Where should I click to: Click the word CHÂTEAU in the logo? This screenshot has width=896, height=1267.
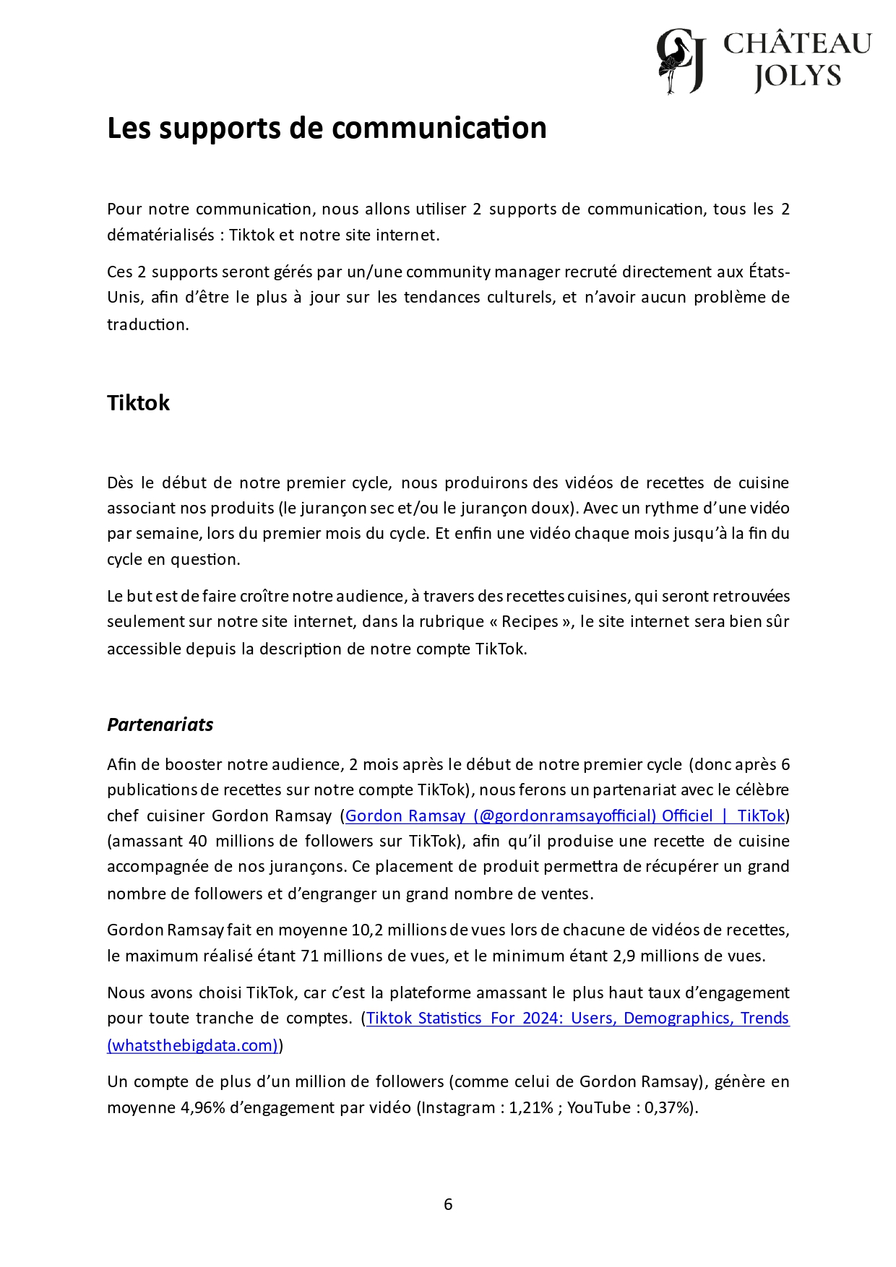tap(797, 44)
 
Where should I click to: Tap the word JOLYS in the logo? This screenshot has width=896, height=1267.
tap(798, 76)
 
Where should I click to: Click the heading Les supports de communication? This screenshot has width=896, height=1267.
tap(327, 128)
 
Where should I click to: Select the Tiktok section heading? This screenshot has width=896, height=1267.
tap(138, 402)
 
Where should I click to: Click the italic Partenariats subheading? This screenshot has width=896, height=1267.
tap(160, 725)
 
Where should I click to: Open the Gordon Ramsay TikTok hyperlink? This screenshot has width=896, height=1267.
tap(564, 816)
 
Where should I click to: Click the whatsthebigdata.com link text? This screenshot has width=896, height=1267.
tap(193, 1045)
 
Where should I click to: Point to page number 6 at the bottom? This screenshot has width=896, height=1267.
tap(448, 1204)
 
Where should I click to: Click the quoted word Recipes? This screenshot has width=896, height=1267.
tap(530, 621)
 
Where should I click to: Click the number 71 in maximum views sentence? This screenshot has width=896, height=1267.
tap(309, 956)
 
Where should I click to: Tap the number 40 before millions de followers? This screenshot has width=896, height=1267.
tap(197, 841)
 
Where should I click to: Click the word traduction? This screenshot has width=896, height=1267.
tap(147, 324)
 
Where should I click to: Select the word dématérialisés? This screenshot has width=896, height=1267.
tap(160, 235)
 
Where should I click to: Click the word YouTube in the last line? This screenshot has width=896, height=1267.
tap(599, 1107)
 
